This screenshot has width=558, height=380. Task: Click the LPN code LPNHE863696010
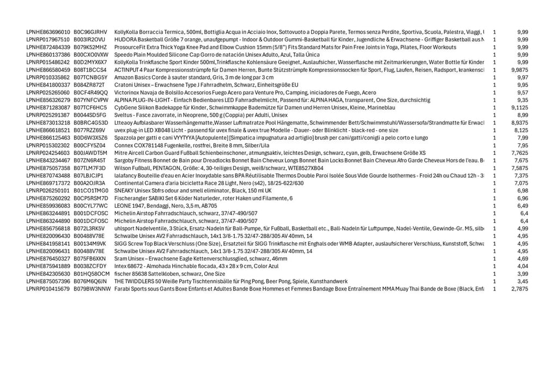click(48, 32)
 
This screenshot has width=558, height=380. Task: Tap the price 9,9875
click(519, 70)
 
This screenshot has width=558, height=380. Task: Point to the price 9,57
click(522, 93)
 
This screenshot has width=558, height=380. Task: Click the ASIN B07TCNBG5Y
click(90, 77)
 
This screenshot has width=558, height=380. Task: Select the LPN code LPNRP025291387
click(48, 115)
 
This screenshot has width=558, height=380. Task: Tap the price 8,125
click(521, 130)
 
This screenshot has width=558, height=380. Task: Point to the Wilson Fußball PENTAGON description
click(219, 168)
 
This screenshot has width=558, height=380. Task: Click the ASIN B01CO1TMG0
click(91, 191)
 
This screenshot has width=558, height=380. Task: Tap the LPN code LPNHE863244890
click(48, 221)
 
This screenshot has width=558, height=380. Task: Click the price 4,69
click(522, 258)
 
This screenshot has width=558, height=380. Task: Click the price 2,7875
click(519, 289)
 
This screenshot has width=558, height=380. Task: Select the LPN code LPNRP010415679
click(48, 289)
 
